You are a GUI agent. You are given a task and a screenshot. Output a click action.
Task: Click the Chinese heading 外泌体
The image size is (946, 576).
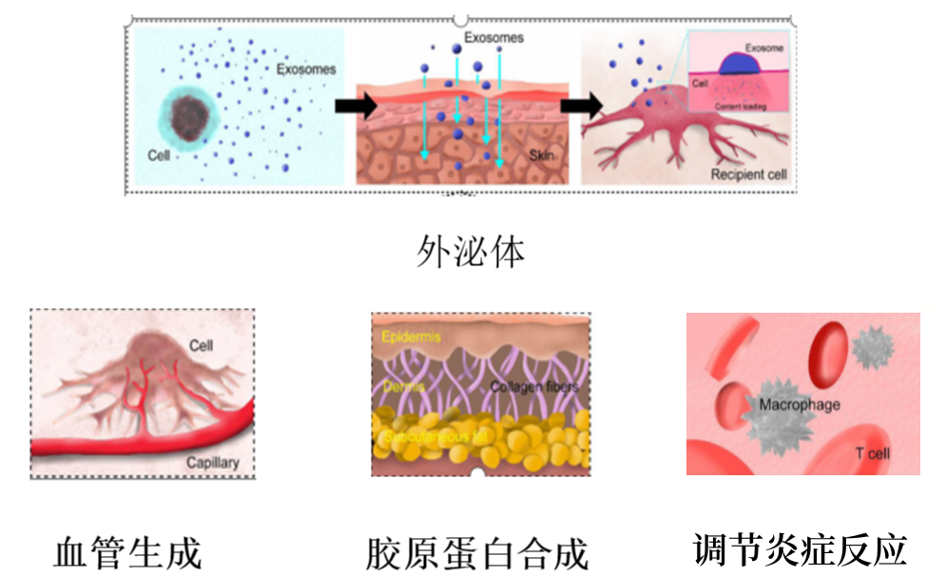tap(472, 252)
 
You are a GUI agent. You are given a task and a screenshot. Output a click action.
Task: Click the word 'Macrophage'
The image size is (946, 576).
tap(800, 405)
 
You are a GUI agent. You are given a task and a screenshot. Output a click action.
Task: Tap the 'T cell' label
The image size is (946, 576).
tap(872, 453)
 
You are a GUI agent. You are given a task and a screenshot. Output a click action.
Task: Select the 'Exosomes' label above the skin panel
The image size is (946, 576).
tap(493, 38)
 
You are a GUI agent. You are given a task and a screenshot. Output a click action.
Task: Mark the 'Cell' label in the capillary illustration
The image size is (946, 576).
tap(201, 346)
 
